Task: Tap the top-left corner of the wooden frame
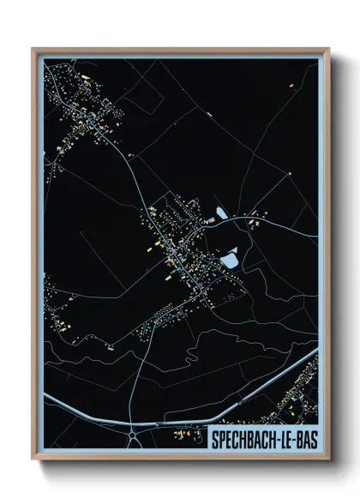33,48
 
